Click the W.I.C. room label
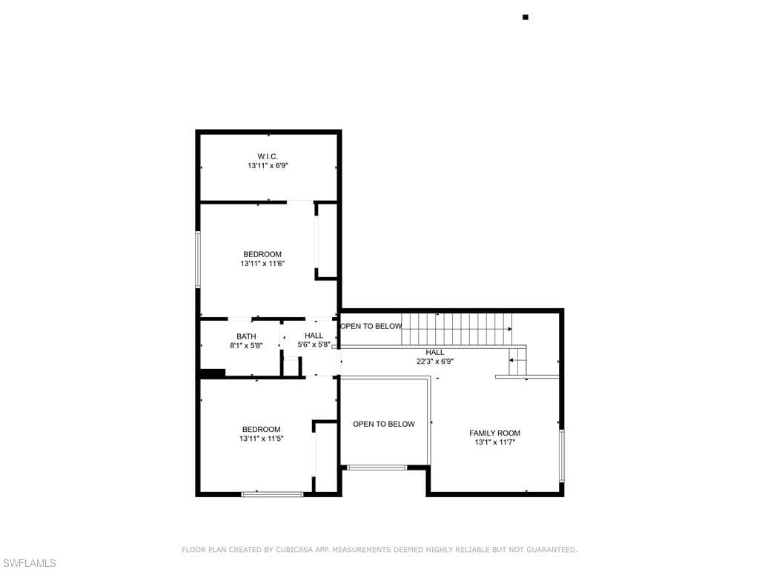pyautogui.click(x=268, y=156)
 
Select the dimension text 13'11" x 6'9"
pyautogui.click(x=268, y=165)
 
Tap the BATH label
pyautogui.click(x=246, y=336)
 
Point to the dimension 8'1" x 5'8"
pyautogui.click(x=246, y=345)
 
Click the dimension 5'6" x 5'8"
pyautogui.click(x=314, y=345)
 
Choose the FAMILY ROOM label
pyautogui.click(x=494, y=433)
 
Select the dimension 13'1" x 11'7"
pyautogui.click(x=494, y=442)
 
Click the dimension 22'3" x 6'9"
pyautogui.click(x=435, y=361)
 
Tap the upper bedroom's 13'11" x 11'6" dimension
pyautogui.click(x=262, y=264)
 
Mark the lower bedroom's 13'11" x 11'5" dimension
pyautogui.click(x=262, y=439)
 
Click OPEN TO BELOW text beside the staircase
pyautogui.click(x=371, y=326)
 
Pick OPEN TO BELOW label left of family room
pyautogui.click(x=384, y=424)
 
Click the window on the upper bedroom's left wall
pyautogui.click(x=198, y=259)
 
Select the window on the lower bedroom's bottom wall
pyautogui.click(x=273, y=494)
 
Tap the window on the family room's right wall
pyautogui.click(x=562, y=456)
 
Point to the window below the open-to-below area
pyautogui.click(x=377, y=467)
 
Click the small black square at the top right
pyautogui.click(x=526, y=18)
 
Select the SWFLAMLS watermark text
pyautogui.click(x=28, y=563)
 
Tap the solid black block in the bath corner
pyautogui.click(x=213, y=373)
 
